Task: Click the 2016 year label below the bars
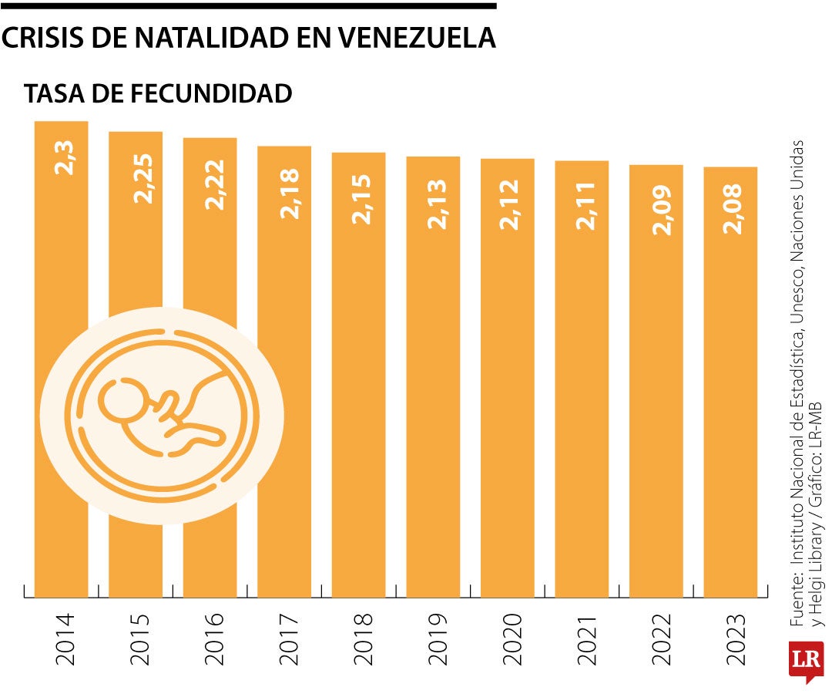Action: click(x=211, y=639)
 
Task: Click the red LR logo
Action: click(x=806, y=661)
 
